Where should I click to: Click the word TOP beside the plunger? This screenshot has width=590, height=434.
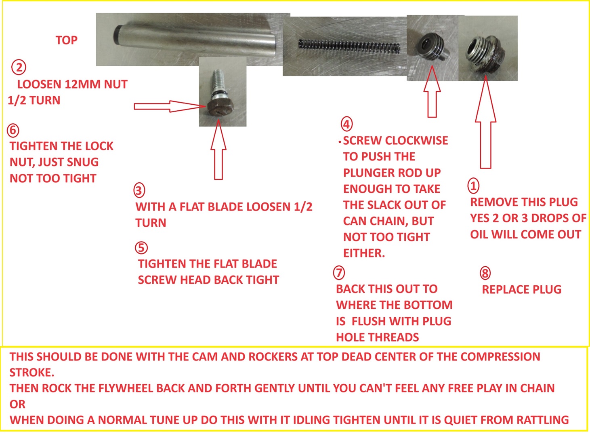(67, 40)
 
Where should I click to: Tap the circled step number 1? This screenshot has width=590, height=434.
(473, 186)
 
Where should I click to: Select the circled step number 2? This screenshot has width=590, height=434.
(19, 67)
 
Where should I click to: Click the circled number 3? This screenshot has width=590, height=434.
(139, 190)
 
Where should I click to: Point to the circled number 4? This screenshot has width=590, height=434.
(346, 124)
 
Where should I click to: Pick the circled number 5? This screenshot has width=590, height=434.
(141, 248)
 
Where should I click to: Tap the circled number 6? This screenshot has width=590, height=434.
(13, 130)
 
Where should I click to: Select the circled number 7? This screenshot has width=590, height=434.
(339, 273)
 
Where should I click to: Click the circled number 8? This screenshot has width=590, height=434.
(485, 273)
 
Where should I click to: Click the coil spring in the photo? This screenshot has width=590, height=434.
(349, 46)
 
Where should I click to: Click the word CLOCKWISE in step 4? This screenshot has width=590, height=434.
(416, 141)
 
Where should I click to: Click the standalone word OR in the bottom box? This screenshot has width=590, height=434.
(17, 404)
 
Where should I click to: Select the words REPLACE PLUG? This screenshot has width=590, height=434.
(521, 290)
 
